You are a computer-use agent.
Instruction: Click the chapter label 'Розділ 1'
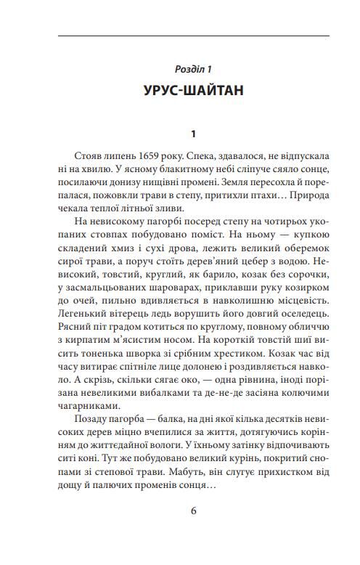click(x=192, y=69)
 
